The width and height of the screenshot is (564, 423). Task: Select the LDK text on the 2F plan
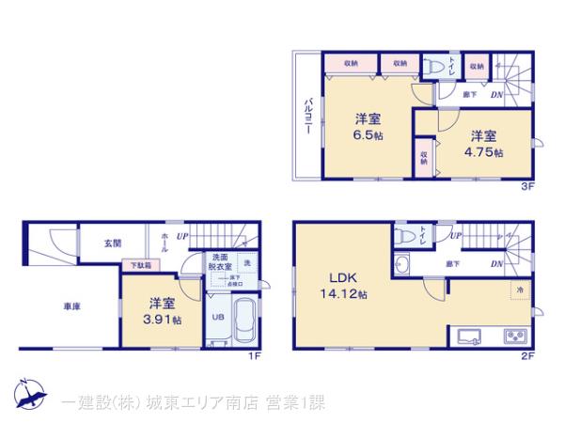[341, 277]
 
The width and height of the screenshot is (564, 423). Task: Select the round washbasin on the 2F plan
[405, 263]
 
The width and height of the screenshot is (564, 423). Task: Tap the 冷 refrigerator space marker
[520, 290]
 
